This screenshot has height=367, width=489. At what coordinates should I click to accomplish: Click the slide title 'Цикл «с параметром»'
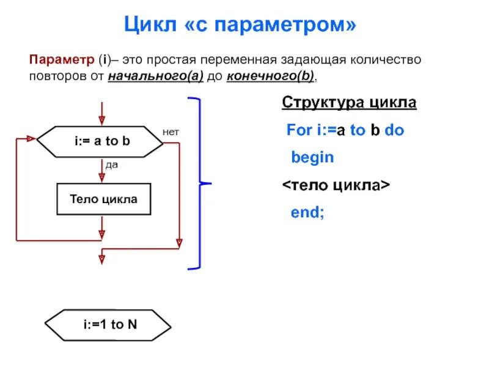click(x=240, y=25)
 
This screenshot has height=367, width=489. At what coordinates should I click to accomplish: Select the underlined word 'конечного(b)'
click(x=271, y=76)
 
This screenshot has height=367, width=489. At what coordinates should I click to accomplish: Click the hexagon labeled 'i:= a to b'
click(x=101, y=141)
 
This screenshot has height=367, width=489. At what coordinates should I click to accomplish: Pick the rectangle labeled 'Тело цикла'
click(x=103, y=199)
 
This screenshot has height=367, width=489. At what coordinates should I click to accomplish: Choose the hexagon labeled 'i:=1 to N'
click(x=109, y=325)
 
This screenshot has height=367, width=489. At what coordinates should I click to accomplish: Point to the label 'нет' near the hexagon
click(x=171, y=132)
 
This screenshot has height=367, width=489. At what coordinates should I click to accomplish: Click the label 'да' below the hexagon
click(x=111, y=164)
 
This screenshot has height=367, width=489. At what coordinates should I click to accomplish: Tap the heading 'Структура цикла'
click(x=349, y=102)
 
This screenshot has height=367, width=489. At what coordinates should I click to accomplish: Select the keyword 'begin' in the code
click(x=312, y=157)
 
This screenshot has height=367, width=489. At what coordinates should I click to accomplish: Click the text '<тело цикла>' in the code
click(x=336, y=185)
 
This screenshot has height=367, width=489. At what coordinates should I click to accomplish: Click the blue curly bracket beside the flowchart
click(x=201, y=183)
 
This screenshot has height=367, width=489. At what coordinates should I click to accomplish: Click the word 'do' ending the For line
click(x=394, y=130)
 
